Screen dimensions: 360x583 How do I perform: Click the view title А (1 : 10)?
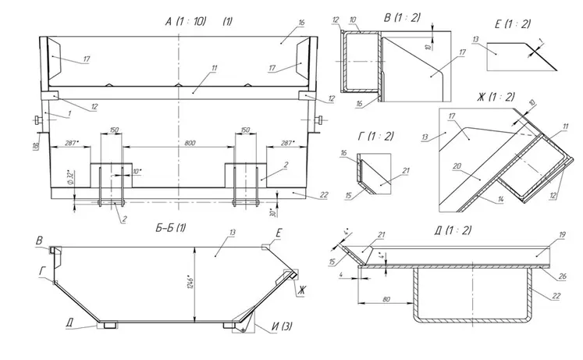coord(187,21)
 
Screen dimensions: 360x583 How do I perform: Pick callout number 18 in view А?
coord(35,146)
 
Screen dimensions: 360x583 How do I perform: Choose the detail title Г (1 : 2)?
coord(375,136)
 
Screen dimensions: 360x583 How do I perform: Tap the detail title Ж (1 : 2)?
coord(497,96)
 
